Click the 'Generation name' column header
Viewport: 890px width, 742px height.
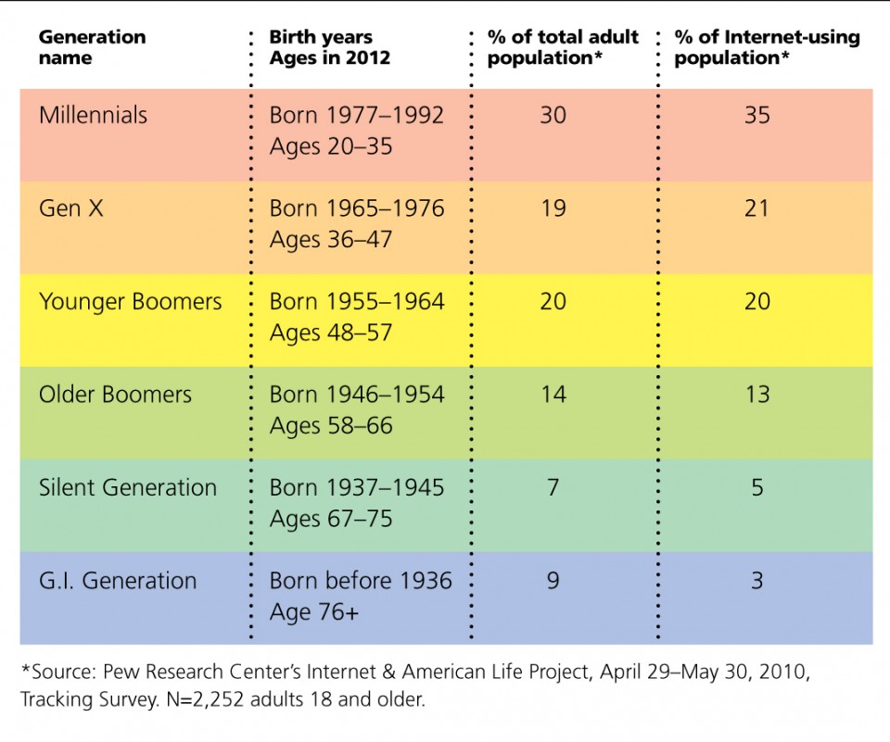click(92, 47)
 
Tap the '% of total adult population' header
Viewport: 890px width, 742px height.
click(563, 47)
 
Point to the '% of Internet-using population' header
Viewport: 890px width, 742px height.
click(767, 47)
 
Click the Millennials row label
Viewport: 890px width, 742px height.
click(93, 116)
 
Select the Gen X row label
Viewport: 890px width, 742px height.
click(71, 208)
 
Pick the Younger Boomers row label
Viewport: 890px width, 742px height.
click(130, 302)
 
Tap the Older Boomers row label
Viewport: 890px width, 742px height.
click(115, 395)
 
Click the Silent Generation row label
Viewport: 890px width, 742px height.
click(127, 488)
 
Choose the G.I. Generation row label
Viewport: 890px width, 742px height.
click(118, 581)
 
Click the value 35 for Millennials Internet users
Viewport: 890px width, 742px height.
click(756, 116)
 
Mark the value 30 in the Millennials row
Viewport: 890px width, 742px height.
click(553, 116)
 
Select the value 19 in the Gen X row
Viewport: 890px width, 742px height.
click(553, 208)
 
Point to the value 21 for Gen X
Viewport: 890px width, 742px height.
click(756, 208)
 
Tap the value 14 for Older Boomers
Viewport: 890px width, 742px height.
click(553, 395)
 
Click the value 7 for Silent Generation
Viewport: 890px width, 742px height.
click(553, 488)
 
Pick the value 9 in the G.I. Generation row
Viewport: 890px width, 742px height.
click(553, 581)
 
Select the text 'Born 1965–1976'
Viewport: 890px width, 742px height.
click(357, 208)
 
